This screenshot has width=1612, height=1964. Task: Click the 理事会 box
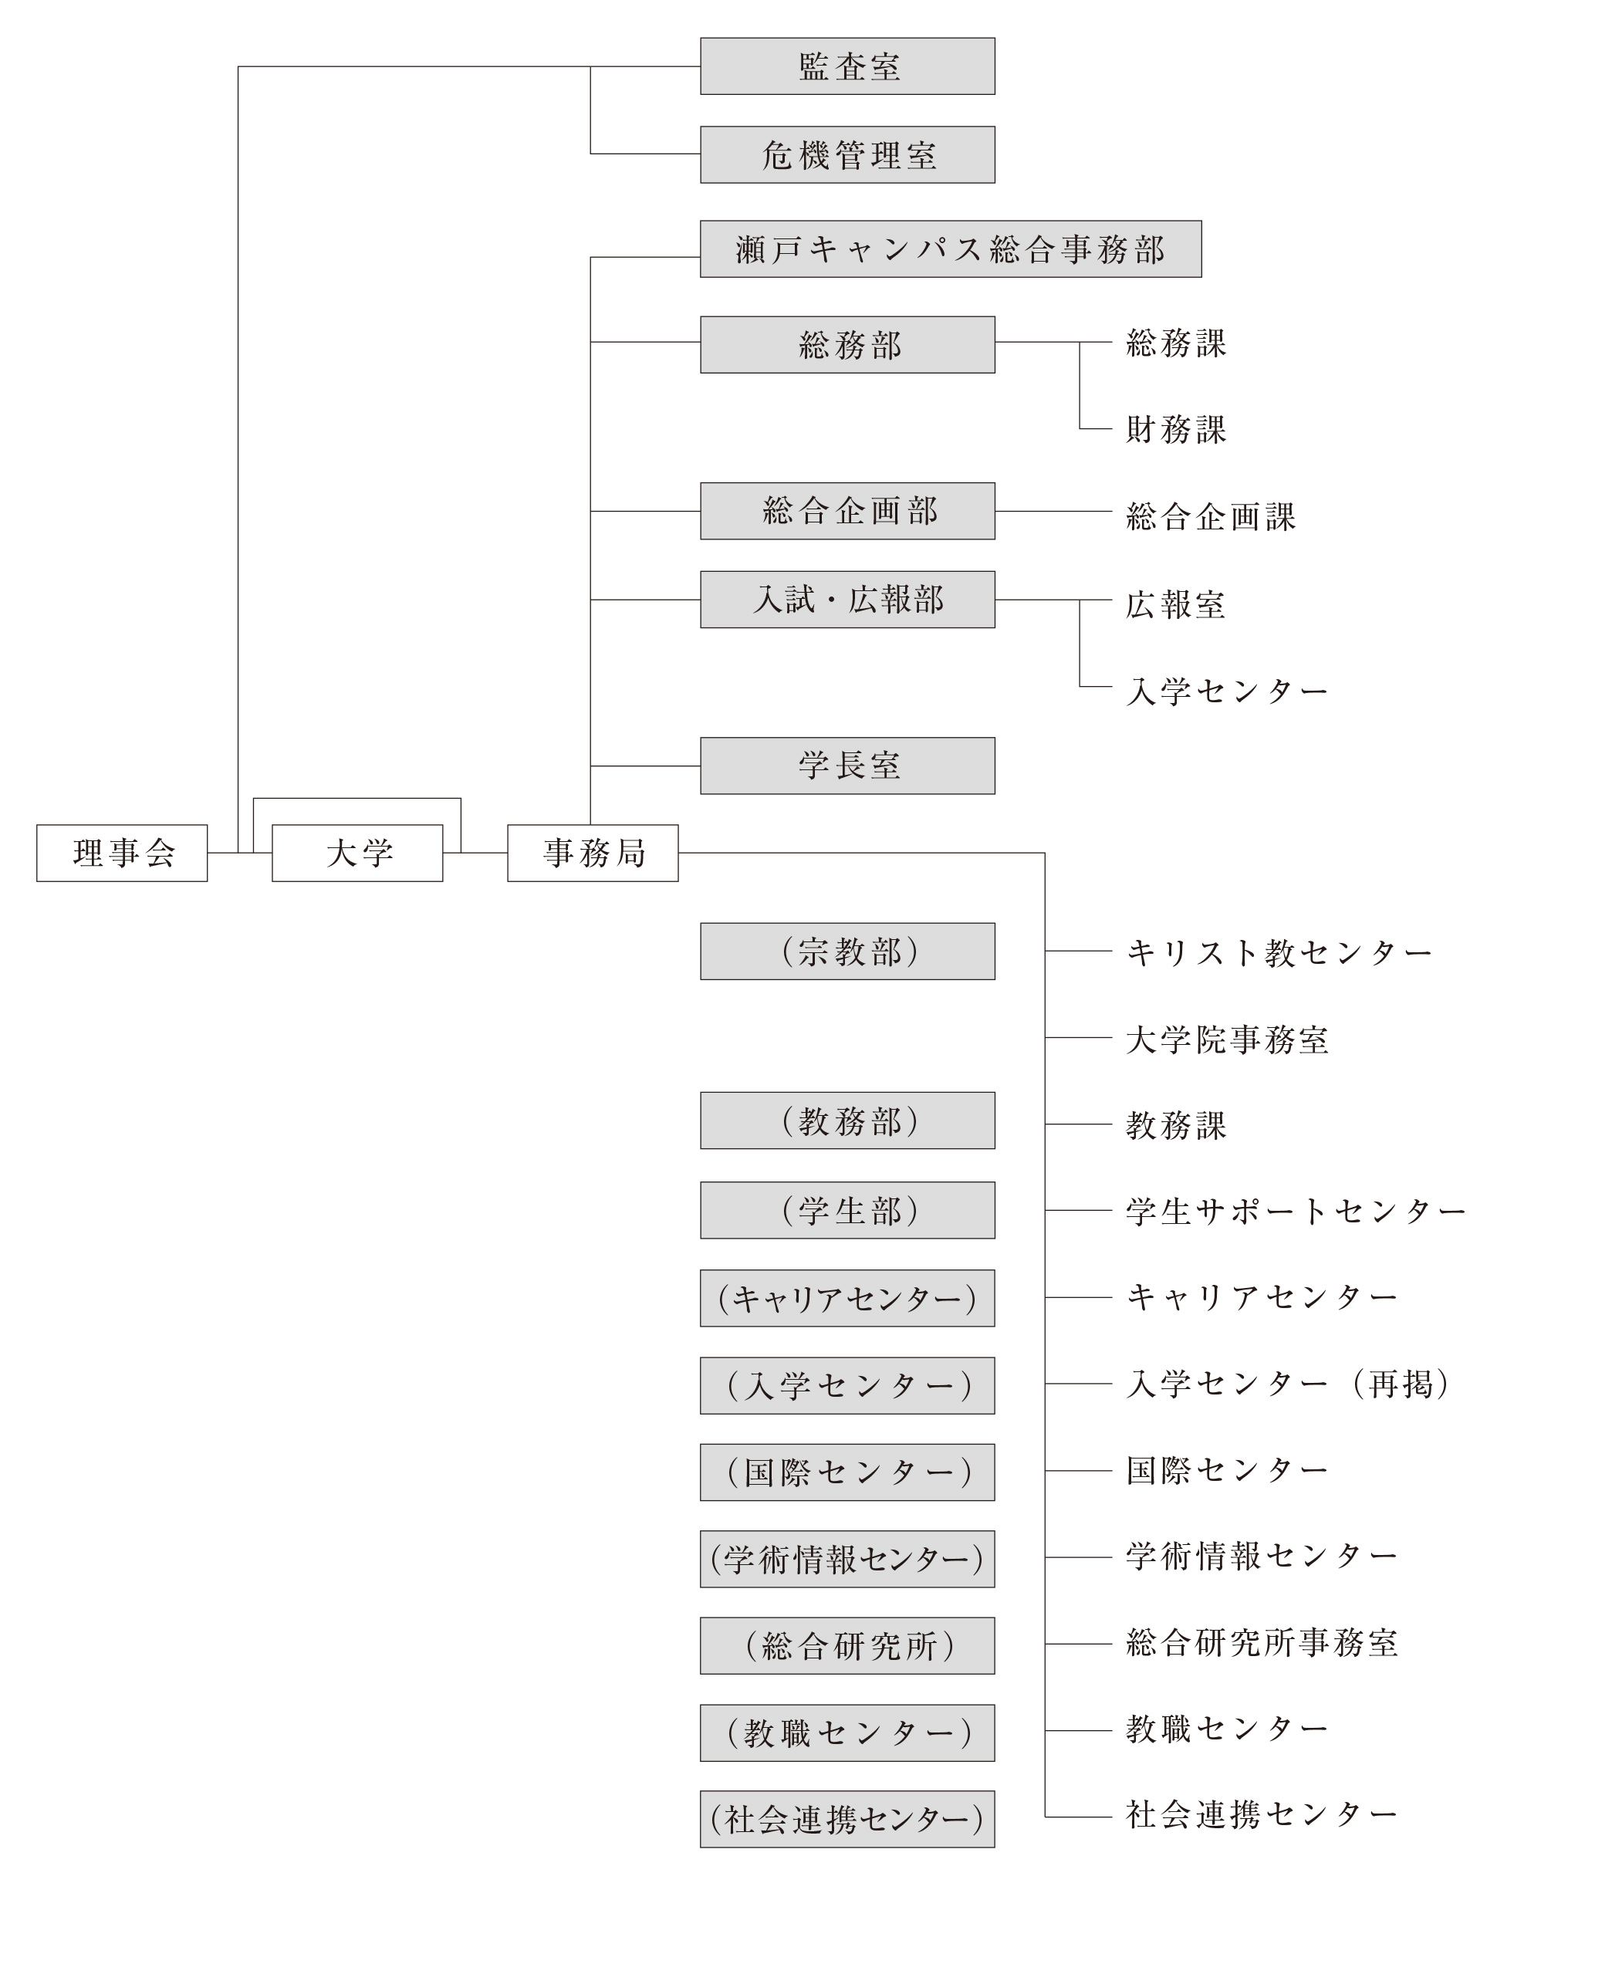tap(122, 853)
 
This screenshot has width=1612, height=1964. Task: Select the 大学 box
tap(357, 853)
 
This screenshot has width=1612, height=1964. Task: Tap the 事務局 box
tap(593, 853)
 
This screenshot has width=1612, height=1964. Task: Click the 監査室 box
tap(847, 66)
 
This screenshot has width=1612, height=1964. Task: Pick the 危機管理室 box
tap(847, 154)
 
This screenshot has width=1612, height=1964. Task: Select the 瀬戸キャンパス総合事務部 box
tap(951, 248)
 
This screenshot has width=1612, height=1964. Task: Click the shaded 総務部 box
tap(847, 344)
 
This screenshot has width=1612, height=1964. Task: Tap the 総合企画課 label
tap(1211, 516)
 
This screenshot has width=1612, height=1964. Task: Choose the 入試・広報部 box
tap(847, 599)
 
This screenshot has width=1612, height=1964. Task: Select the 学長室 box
tap(847, 766)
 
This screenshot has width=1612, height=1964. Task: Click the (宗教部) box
tap(847, 951)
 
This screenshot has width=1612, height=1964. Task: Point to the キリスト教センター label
tap(1279, 952)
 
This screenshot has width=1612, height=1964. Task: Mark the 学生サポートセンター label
tap(1296, 1211)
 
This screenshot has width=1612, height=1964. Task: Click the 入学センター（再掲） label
tap(1289, 1384)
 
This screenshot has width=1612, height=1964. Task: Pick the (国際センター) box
tap(847, 1472)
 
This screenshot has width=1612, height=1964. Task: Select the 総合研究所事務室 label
tap(1262, 1643)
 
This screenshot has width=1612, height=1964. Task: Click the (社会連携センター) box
tap(847, 1818)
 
